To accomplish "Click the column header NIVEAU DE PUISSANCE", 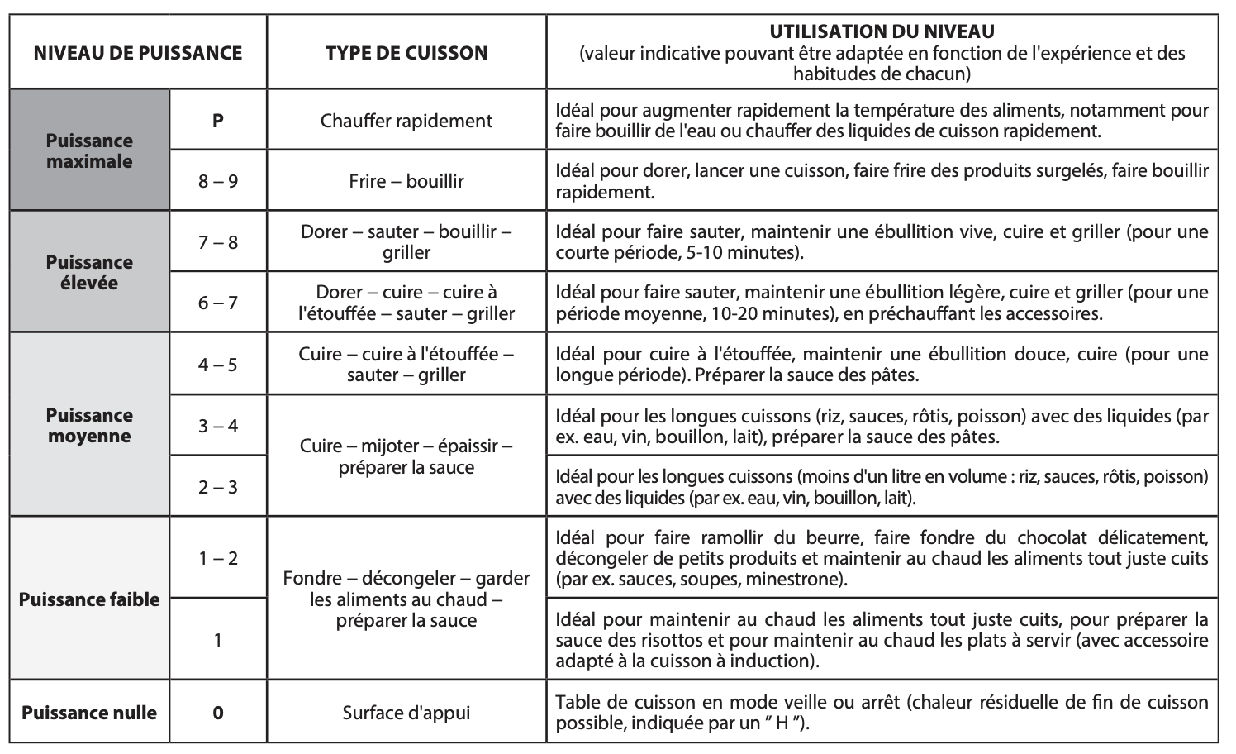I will pos(138,53).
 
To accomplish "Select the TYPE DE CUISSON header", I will pos(406,53).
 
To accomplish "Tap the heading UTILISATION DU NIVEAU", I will pos(882,32).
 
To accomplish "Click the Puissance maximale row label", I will pos(89,150).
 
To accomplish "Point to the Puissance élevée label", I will pos(89,272).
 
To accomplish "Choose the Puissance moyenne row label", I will pos(89,425).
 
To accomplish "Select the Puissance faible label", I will pos(89,599).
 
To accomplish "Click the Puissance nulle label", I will pos(89,713).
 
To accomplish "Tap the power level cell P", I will pos(218,121).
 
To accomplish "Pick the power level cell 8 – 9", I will pos(218,181).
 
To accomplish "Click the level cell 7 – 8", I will pos(218,242).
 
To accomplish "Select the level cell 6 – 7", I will pos(218,303).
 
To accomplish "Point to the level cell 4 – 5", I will pos(218,365).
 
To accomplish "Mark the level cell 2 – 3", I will pos(218,487).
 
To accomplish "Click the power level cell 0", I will pos(218,713).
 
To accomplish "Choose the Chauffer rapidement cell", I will pos(406,121).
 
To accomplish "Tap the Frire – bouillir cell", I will pos(406,181).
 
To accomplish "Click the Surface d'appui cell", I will pos(406,713).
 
